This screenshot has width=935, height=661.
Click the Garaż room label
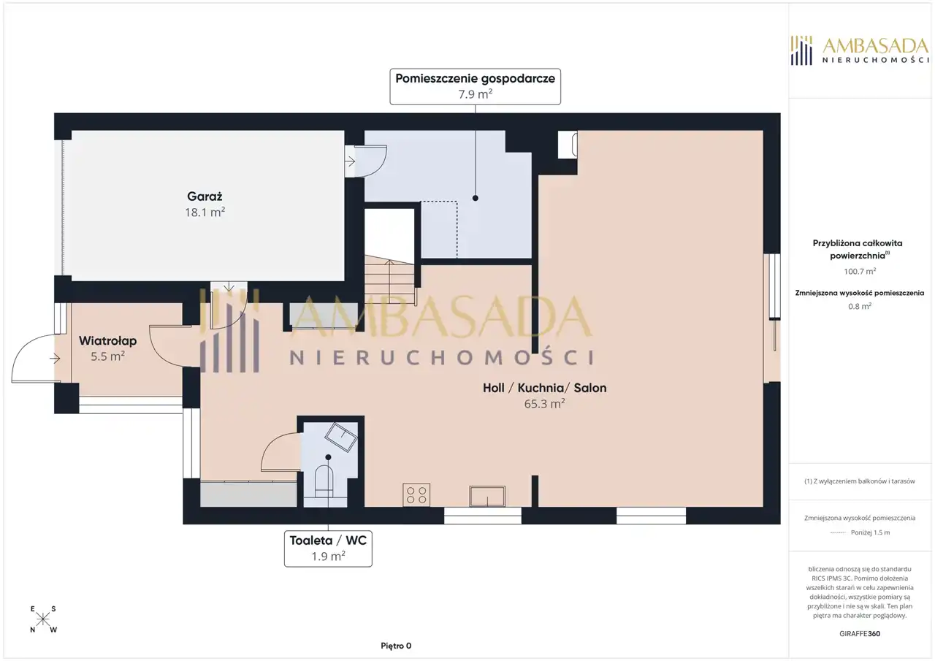(205, 196)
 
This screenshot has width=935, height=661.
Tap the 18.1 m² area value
(205, 213)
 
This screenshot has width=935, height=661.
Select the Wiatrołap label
(107, 341)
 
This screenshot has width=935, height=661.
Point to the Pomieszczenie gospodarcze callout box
(475, 86)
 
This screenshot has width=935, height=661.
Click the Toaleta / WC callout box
(328, 549)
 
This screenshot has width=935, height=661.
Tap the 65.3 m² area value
(545, 404)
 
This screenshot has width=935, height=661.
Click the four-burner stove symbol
(416, 495)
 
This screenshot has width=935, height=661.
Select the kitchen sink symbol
(487, 496)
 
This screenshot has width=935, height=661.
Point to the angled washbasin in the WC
(341, 437)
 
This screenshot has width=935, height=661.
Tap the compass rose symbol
(43, 619)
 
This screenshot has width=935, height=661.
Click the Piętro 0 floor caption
(396, 646)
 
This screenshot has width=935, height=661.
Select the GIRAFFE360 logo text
(860, 633)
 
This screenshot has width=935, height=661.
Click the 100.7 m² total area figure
(860, 271)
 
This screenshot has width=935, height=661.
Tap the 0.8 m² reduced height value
(860, 306)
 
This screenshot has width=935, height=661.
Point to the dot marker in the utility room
(475, 198)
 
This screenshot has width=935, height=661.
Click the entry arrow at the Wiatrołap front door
(55, 359)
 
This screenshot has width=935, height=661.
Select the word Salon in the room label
(589, 388)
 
